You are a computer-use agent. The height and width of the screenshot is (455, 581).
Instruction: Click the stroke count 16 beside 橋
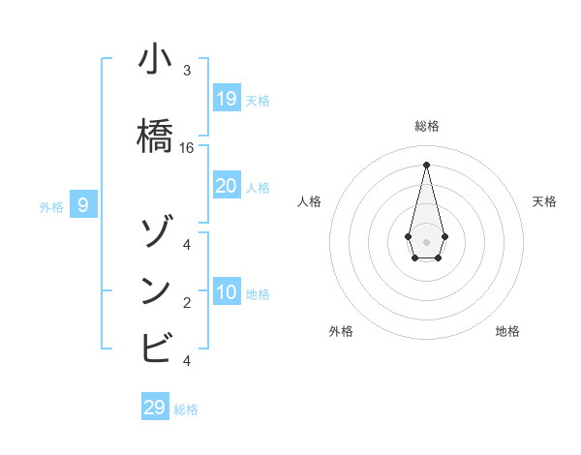(x=187, y=148)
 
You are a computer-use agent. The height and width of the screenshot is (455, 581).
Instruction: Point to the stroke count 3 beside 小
(x=187, y=71)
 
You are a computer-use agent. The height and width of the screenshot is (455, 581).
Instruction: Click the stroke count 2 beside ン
(x=187, y=303)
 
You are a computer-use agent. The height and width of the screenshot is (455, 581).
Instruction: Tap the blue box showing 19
(x=227, y=98)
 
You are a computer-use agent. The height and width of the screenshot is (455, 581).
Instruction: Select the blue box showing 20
(x=227, y=186)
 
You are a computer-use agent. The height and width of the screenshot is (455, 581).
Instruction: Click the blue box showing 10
(x=227, y=292)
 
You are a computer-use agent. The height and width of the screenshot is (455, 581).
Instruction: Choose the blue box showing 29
(x=155, y=408)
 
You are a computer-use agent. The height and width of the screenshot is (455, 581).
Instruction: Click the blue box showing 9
(x=83, y=205)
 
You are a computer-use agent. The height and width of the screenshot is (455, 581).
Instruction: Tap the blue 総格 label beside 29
(x=186, y=409)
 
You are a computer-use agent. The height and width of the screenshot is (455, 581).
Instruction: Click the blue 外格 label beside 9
(x=50, y=206)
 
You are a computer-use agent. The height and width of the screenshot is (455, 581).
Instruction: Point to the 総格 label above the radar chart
(x=426, y=126)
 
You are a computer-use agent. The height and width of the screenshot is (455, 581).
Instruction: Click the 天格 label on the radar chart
(x=544, y=201)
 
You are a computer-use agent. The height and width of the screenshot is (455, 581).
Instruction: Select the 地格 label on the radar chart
(x=507, y=331)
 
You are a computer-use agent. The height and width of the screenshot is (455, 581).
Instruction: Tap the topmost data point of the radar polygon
(x=426, y=164)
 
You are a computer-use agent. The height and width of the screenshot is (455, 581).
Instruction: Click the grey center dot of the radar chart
(x=426, y=241)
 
